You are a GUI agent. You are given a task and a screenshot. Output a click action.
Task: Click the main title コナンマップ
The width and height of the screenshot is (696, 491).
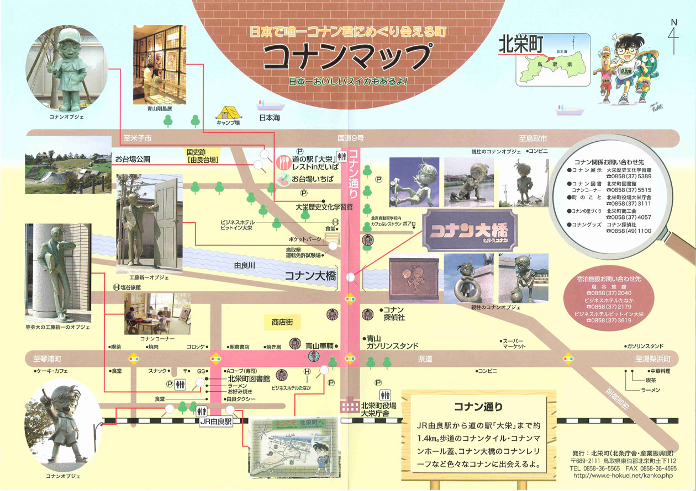tap(346, 56)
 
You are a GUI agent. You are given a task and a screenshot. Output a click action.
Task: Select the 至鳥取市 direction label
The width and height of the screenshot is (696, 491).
tap(532, 138)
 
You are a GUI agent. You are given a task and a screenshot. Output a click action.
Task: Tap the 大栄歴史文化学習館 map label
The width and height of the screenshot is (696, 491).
tap(324, 207)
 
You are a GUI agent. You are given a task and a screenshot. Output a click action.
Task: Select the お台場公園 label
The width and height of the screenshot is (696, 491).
tap(133, 159)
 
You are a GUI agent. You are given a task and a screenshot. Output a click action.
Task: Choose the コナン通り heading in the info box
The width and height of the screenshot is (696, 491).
tap(478, 408)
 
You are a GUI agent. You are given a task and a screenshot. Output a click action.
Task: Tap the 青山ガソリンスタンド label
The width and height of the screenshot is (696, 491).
tap(392, 342)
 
